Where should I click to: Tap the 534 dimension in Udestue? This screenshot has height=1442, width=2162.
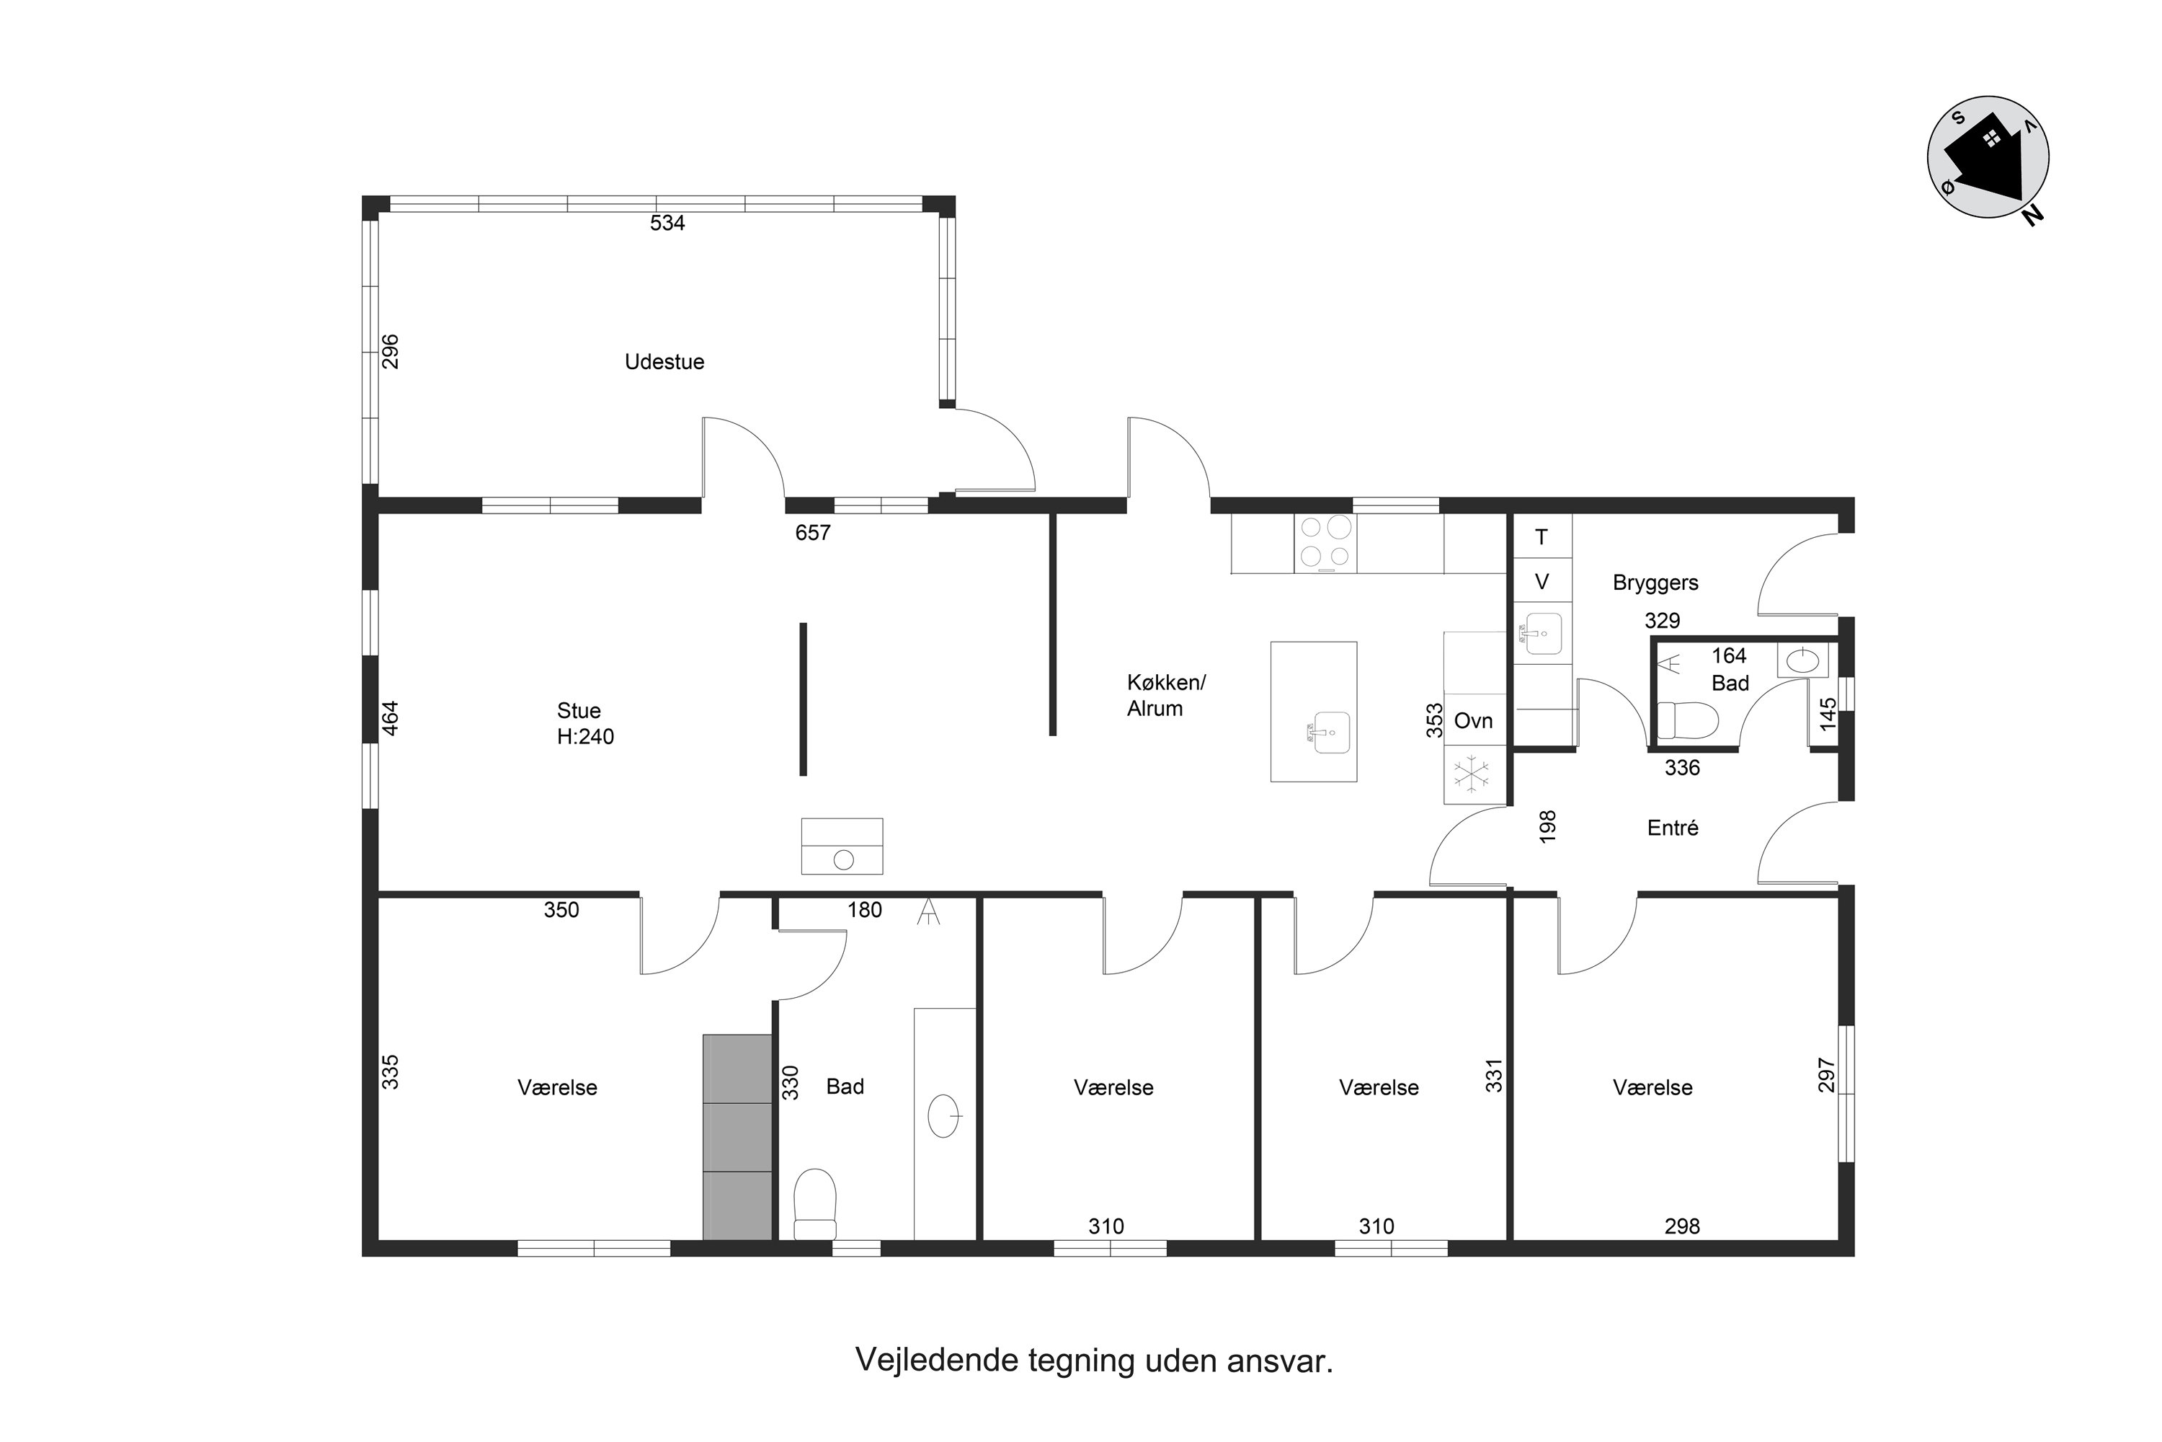coord(667,224)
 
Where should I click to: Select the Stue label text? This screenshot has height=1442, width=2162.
coord(579,711)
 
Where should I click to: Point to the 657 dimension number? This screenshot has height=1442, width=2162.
coord(813,533)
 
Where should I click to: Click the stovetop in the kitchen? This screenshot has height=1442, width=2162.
coord(1325,544)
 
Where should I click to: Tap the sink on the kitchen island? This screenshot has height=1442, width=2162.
coord(1331,732)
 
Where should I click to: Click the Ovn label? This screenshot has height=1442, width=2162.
coord(1474,721)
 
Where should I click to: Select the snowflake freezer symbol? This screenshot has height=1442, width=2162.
coord(1471,774)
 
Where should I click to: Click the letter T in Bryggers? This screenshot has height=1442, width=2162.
coord(1542,537)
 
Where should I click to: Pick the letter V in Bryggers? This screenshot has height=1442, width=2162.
coord(1542,582)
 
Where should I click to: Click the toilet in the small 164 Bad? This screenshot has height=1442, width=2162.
coord(1688,720)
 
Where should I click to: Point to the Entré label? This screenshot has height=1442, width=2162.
coord(1673,828)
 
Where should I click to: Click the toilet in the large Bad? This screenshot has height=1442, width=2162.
coord(814,1204)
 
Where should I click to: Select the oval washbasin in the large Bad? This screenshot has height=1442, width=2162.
coord(944,1116)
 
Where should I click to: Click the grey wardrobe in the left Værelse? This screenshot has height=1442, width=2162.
coord(737,1138)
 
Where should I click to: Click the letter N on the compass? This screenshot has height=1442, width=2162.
coord(2032,214)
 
